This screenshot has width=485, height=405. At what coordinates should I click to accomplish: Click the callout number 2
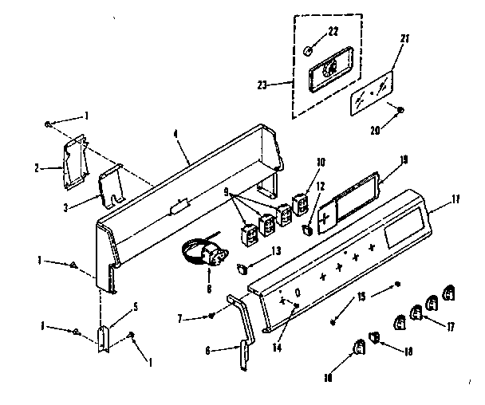(x=37, y=168)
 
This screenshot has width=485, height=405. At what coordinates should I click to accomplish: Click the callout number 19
(x=403, y=159)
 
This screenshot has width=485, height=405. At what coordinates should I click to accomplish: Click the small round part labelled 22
(x=309, y=51)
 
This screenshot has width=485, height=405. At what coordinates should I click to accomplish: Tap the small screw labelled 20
(x=401, y=110)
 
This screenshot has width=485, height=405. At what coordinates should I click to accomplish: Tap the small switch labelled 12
(x=307, y=230)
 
